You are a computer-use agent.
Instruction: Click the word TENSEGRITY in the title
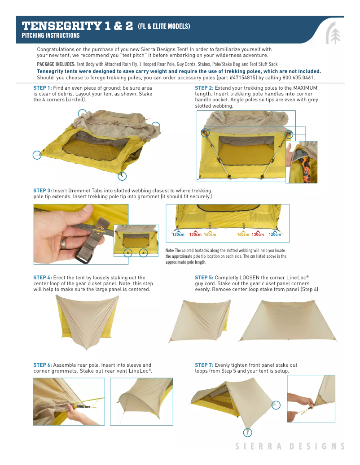[x=62, y=26]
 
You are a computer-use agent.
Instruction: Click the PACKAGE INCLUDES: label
[x=56, y=64]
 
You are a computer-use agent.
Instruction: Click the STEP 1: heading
[x=43, y=88]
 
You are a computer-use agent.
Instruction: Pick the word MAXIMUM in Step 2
[x=305, y=88]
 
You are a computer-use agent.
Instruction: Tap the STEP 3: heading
[x=43, y=191]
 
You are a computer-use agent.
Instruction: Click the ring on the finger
[x=64, y=244]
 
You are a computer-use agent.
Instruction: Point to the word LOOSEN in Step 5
[x=249, y=278]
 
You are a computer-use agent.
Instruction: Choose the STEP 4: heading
[x=43, y=278]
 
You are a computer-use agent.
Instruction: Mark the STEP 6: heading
[x=43, y=365]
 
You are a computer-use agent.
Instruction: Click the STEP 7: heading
[x=204, y=365]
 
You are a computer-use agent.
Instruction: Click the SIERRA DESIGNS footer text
[x=290, y=446]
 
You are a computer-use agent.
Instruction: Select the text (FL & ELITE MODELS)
[x=164, y=26]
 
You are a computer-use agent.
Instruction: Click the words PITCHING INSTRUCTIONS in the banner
[x=51, y=35]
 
